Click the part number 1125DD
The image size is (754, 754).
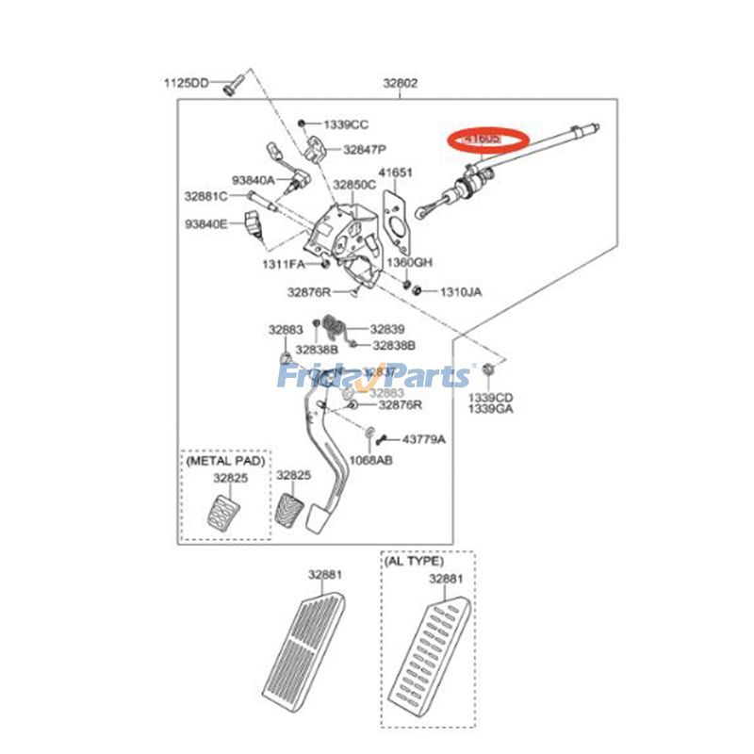click(x=186, y=84)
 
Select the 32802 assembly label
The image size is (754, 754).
click(x=400, y=84)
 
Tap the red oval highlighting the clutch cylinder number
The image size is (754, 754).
click(x=489, y=139)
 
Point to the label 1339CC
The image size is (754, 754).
click(x=346, y=124)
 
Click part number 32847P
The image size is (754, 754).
click(x=366, y=149)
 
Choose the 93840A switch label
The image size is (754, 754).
click(x=254, y=179)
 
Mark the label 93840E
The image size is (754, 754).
click(x=205, y=224)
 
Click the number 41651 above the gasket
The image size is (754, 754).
click(x=396, y=172)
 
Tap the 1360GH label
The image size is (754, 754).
click(x=409, y=262)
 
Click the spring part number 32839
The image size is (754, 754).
click(x=386, y=329)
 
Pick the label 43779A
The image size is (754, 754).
click(x=424, y=439)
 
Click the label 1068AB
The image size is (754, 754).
click(x=370, y=460)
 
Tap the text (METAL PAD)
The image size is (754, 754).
click(x=226, y=462)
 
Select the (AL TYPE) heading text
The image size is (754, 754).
click(x=413, y=561)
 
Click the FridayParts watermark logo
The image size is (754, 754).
click(x=373, y=377)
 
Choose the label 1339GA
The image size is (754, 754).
click(x=490, y=410)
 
